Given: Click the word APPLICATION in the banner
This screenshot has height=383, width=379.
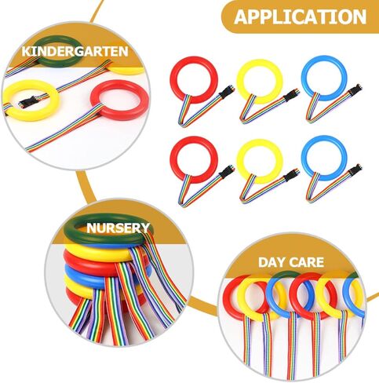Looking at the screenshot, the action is [x=300, y=17].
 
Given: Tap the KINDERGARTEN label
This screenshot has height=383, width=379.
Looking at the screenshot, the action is [x=75, y=52].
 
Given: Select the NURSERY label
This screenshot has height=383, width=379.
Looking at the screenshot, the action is [x=118, y=228].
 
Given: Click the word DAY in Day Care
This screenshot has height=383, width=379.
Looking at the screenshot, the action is [x=273, y=262].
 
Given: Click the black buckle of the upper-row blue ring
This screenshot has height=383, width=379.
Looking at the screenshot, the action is [x=356, y=89].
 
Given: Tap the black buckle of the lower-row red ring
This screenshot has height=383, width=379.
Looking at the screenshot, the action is [x=228, y=172].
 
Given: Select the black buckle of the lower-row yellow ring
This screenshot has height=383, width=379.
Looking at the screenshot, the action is [x=291, y=175].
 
